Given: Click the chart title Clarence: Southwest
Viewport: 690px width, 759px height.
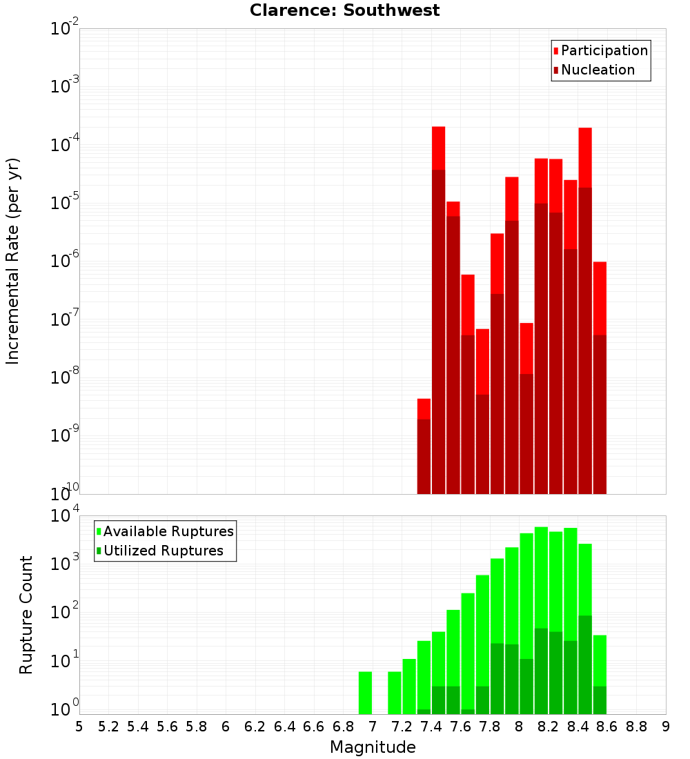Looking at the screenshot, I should click(344, 10).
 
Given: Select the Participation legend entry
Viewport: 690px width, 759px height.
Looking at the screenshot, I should click(604, 50).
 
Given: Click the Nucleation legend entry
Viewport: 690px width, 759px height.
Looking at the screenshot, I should click(598, 70).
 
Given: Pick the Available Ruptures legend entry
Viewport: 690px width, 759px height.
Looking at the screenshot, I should click(168, 531).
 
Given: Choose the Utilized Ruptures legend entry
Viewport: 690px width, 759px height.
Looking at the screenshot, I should click(163, 551).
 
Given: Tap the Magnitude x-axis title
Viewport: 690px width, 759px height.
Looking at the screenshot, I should click(373, 747).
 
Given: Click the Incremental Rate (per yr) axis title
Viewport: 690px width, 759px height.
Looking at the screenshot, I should click(13, 261).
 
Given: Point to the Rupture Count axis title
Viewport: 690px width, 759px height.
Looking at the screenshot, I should click(26, 614).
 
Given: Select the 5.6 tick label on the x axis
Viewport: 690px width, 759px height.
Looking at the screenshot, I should click(167, 726).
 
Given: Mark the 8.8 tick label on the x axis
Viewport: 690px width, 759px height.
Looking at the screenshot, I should click(636, 726).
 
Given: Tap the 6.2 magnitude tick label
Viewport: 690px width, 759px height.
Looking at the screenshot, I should click(255, 726).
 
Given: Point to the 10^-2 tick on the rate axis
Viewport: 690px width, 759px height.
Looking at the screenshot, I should click(65, 29).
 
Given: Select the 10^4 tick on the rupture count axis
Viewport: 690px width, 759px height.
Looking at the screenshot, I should click(65, 516).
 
